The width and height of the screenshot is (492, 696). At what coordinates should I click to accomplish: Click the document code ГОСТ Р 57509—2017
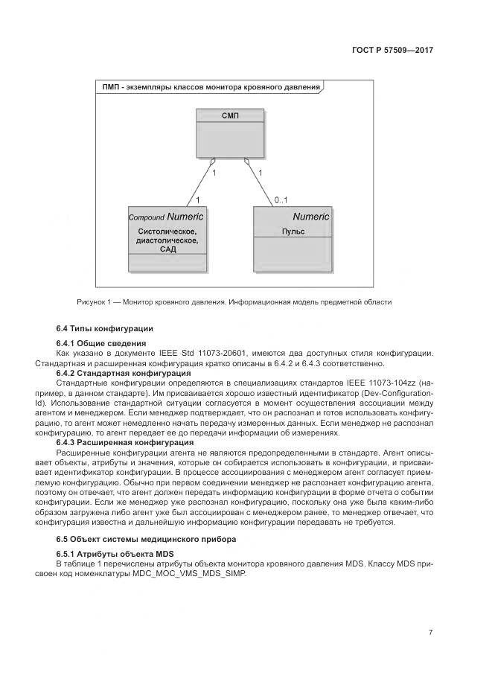click(x=392, y=50)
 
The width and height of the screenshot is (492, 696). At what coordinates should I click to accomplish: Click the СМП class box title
click(x=230, y=115)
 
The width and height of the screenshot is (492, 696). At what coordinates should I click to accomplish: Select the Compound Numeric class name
click(x=167, y=217)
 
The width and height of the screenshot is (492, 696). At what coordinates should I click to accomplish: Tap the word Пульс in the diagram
click(x=293, y=232)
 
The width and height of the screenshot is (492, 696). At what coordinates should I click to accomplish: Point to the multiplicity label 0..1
click(x=281, y=199)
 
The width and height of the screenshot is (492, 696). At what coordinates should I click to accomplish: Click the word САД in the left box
click(x=167, y=249)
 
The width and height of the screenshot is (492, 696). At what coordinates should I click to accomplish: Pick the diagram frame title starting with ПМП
click(x=211, y=87)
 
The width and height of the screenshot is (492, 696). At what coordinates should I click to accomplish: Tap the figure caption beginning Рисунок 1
click(x=234, y=301)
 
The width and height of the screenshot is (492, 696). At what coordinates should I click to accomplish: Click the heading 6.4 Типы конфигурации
click(x=105, y=328)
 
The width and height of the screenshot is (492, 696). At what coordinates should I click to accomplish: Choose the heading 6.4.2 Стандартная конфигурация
click(x=124, y=372)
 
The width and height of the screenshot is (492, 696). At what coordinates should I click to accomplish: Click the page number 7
click(x=430, y=633)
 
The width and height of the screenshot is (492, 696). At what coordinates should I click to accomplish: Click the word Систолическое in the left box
click(x=167, y=232)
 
